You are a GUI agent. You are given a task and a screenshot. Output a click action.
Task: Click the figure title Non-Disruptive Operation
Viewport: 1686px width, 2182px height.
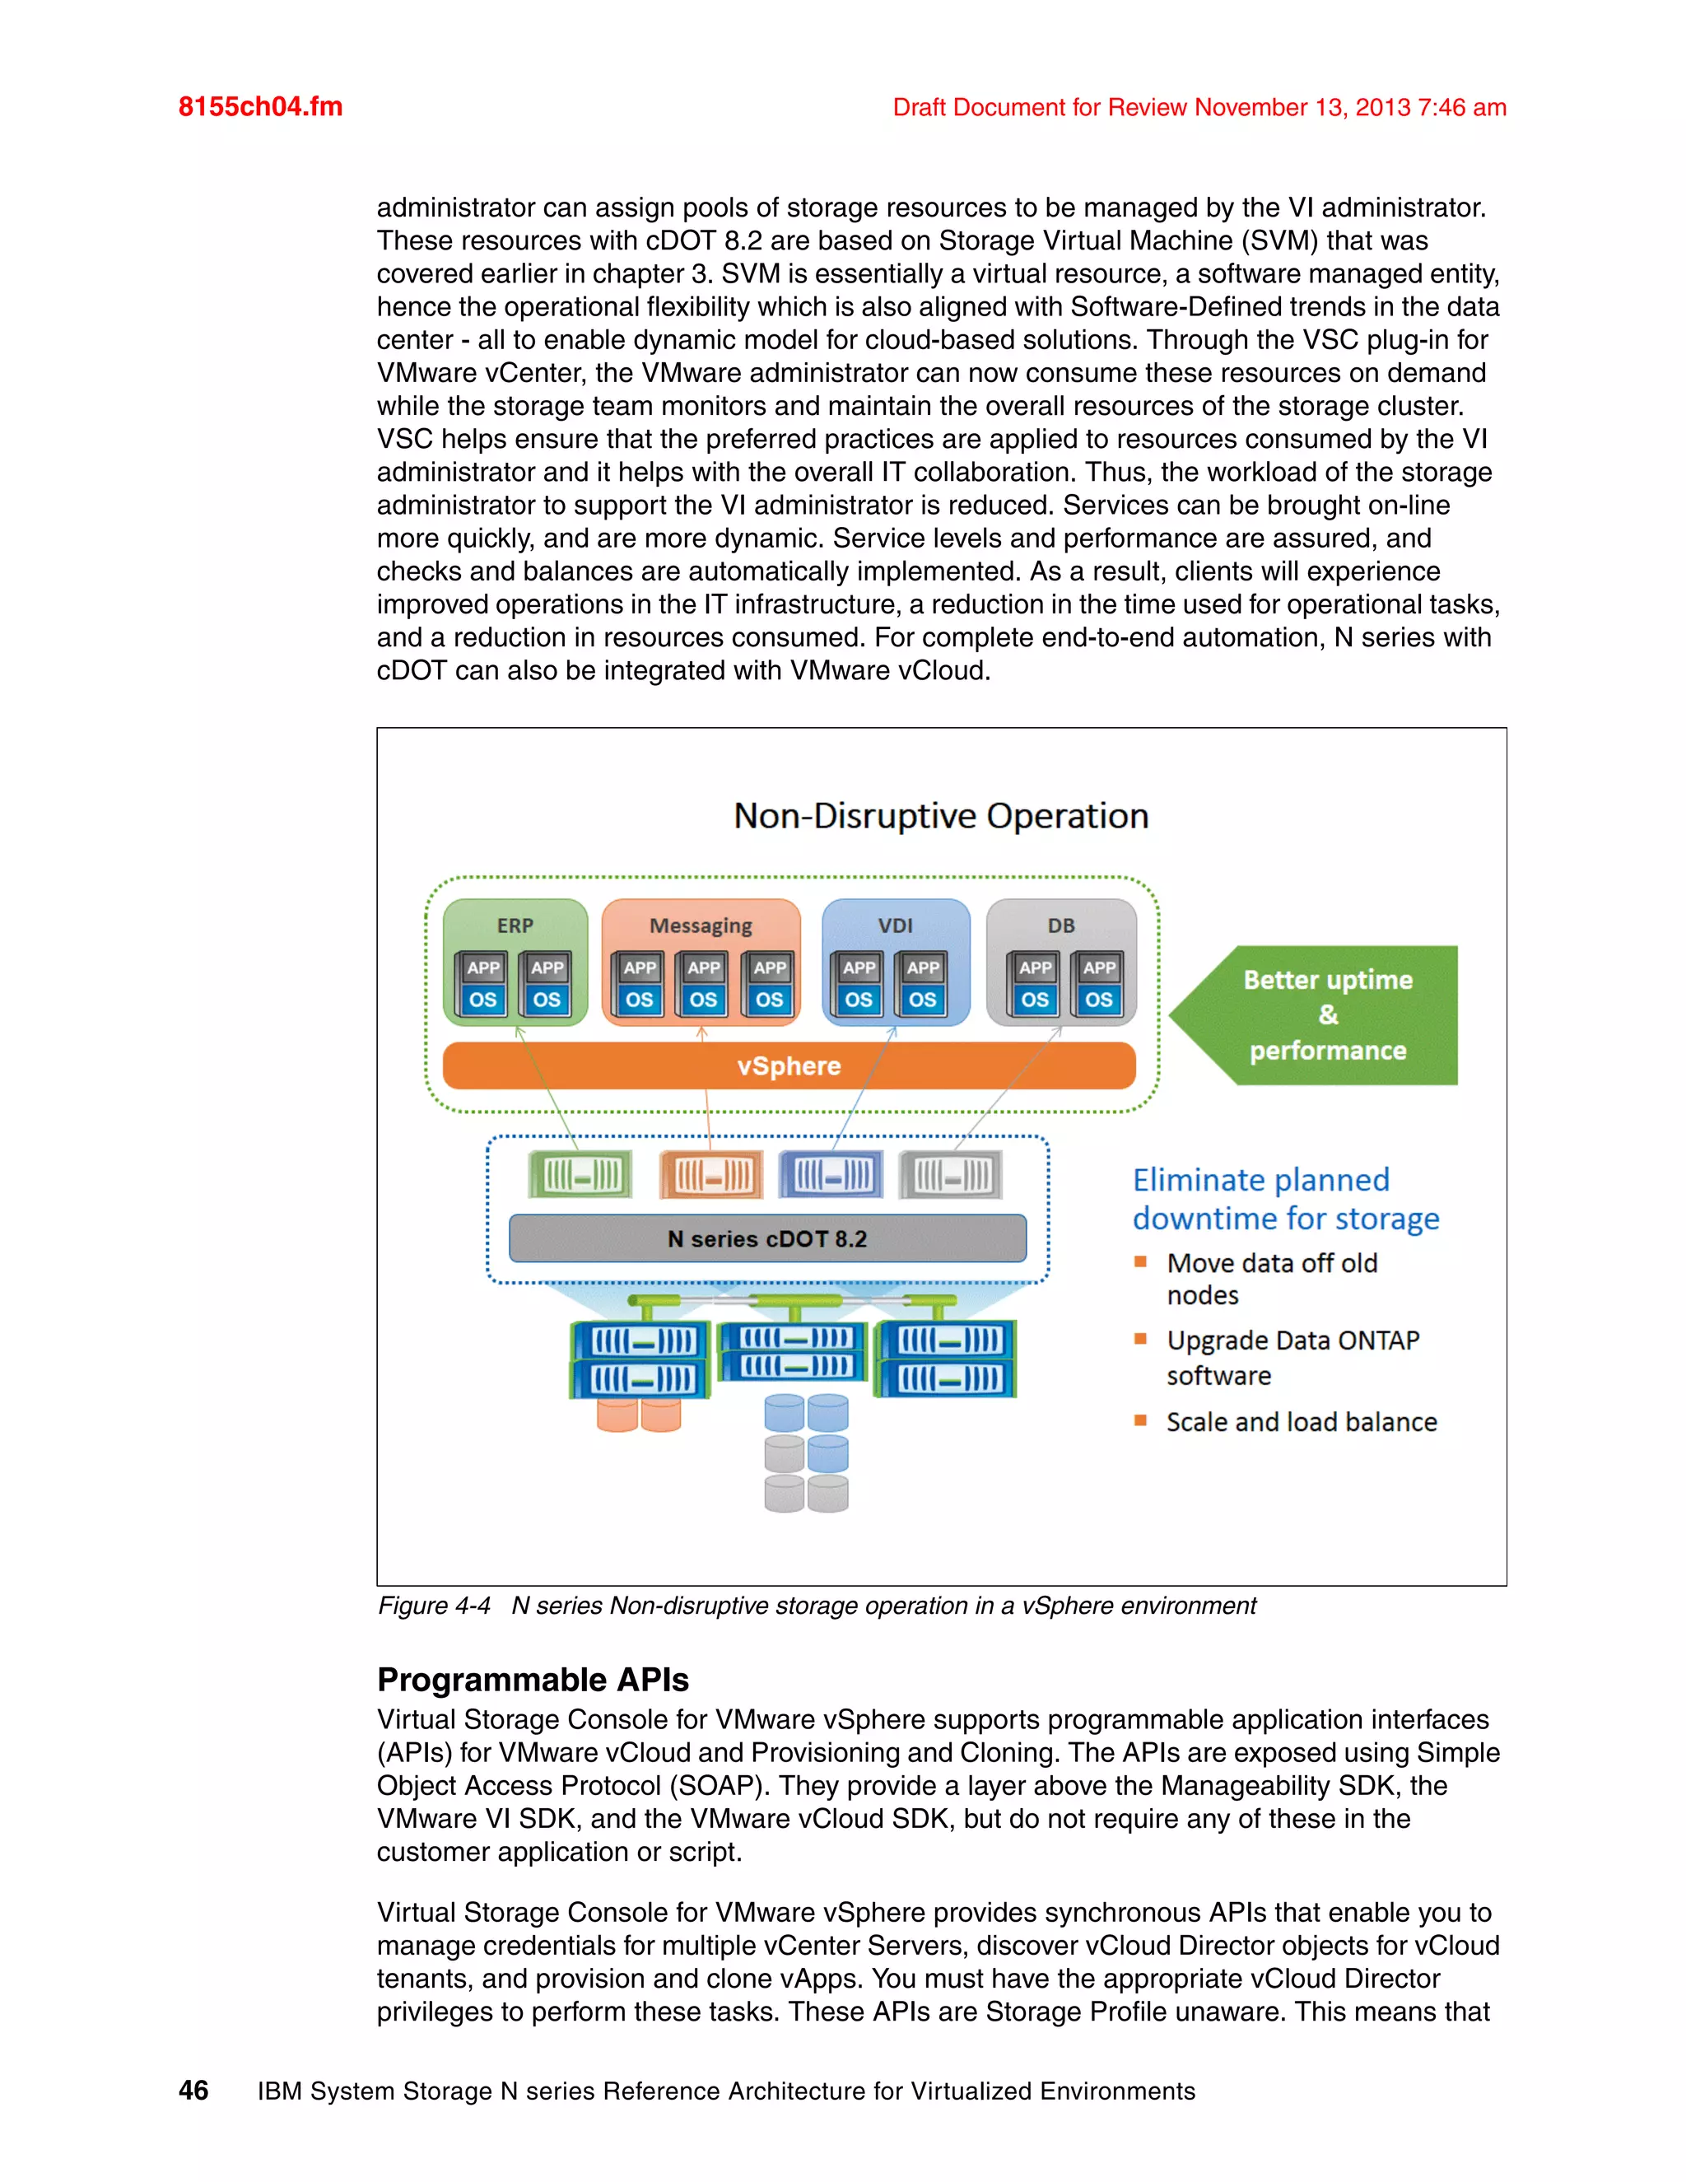[x=941, y=816]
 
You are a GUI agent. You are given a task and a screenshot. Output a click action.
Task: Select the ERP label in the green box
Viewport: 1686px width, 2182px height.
[x=515, y=925]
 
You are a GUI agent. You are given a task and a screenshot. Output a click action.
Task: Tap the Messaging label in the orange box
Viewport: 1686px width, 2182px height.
[x=701, y=925]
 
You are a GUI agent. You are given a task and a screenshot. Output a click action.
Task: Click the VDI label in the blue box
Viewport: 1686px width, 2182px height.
[x=895, y=925]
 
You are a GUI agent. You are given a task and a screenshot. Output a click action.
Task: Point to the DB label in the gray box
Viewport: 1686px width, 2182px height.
[x=1060, y=925]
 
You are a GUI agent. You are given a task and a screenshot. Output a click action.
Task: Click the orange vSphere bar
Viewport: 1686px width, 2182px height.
[x=788, y=1066]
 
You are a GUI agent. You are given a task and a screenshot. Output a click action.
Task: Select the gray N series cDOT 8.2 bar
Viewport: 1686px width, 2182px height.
[x=767, y=1239]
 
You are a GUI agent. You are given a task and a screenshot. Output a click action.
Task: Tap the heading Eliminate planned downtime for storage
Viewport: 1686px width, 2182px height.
[x=1284, y=1199]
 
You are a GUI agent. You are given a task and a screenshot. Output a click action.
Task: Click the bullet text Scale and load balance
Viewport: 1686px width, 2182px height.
[x=1301, y=1422]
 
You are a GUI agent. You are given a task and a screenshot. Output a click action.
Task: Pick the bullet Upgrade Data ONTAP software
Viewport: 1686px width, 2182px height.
[x=1292, y=1357]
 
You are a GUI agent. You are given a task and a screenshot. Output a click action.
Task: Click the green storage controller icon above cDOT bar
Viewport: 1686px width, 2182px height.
[x=580, y=1175]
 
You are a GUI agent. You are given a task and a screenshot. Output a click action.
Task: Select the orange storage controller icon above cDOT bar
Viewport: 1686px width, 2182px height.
[x=710, y=1175]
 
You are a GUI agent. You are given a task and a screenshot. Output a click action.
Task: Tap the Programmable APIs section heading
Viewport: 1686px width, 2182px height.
[x=533, y=1680]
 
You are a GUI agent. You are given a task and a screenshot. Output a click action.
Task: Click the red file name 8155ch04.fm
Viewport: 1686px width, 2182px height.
[x=259, y=107]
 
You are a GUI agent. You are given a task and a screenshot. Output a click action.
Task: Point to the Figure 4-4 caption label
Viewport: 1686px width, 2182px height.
[x=434, y=1606]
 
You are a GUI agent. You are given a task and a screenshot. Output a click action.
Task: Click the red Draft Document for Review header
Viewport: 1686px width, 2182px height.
[x=1199, y=107]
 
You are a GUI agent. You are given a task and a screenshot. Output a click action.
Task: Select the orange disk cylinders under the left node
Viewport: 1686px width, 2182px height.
[x=638, y=1415]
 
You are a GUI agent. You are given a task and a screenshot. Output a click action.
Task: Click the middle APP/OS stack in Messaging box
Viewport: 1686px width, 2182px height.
[x=702, y=984]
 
